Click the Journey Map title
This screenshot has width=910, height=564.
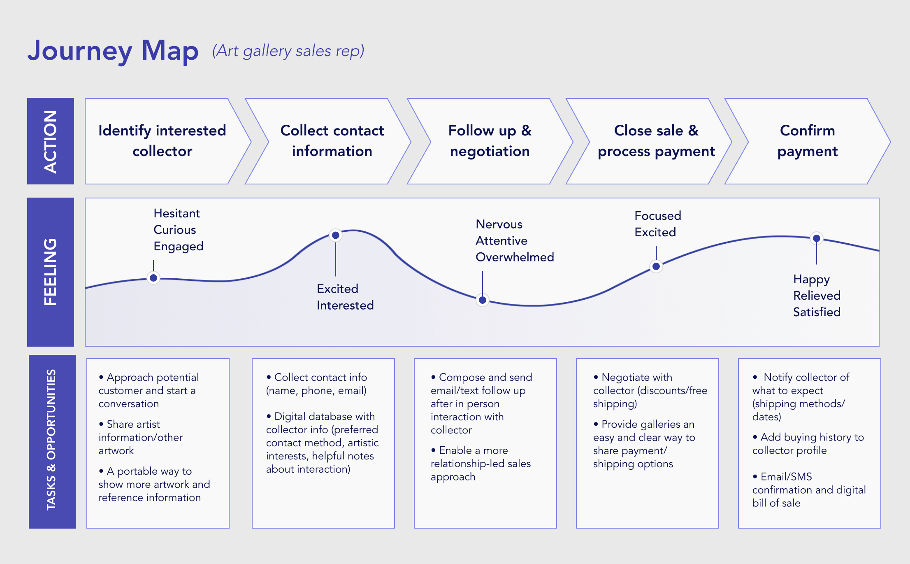click(x=113, y=51)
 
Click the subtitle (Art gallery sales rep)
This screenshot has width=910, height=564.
click(x=288, y=51)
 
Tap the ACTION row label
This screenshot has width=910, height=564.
click(x=51, y=141)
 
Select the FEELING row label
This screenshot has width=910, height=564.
click(x=51, y=272)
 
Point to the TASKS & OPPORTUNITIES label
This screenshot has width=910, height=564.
click(x=52, y=440)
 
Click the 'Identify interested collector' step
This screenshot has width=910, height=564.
click(x=162, y=141)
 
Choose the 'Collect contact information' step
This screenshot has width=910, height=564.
click(x=332, y=141)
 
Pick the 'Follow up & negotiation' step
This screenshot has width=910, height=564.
click(x=490, y=141)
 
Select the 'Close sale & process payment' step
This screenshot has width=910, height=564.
click(x=656, y=141)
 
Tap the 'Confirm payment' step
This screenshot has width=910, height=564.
click(x=807, y=141)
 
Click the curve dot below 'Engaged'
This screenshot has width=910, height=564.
click(x=153, y=278)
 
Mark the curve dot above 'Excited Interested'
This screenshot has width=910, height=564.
click(x=336, y=235)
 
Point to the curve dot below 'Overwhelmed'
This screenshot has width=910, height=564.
click(x=483, y=300)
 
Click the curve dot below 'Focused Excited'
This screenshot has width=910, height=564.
click(x=656, y=266)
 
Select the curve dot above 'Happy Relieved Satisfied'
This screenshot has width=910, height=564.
click(x=817, y=238)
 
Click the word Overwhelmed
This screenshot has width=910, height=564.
click(x=515, y=257)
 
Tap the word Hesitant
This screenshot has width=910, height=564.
click(x=176, y=213)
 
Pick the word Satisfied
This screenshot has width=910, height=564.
click(x=817, y=312)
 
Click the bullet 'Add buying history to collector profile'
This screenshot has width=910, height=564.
click(x=808, y=444)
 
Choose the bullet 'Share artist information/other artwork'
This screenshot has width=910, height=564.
click(x=140, y=437)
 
